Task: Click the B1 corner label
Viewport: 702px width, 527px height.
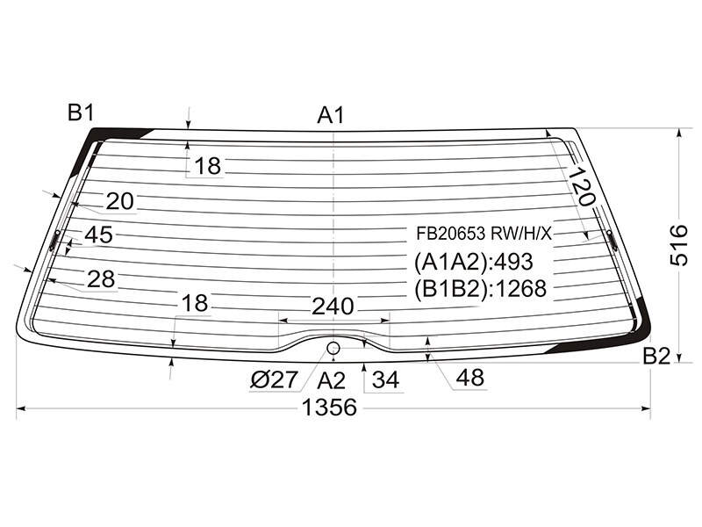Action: (x=81, y=112)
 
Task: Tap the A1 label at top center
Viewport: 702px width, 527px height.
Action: (x=331, y=115)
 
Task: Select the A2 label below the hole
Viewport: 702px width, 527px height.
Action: (x=332, y=380)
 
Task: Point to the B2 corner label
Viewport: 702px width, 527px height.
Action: (x=656, y=357)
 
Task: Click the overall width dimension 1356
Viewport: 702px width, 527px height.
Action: (x=330, y=408)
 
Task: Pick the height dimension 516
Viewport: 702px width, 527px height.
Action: (x=679, y=245)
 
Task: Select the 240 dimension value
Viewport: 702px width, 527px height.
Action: (x=333, y=307)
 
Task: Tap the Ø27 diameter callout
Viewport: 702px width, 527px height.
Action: (x=274, y=380)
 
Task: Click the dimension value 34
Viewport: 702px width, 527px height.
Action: (x=385, y=380)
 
